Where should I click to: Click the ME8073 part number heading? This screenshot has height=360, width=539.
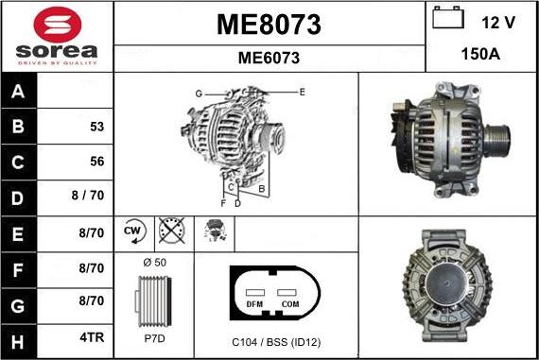coord(269,25)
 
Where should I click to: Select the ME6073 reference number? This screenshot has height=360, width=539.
coord(269,58)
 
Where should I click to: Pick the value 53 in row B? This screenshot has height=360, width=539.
coord(96,127)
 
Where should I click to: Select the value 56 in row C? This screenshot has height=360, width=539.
coord(96,162)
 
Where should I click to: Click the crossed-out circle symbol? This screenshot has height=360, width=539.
coord(172,231)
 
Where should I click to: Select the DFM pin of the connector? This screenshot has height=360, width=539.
coord(254,304)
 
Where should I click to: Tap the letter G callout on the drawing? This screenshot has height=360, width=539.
coord(199,94)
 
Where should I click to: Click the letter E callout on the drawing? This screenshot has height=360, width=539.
coord(302,92)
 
